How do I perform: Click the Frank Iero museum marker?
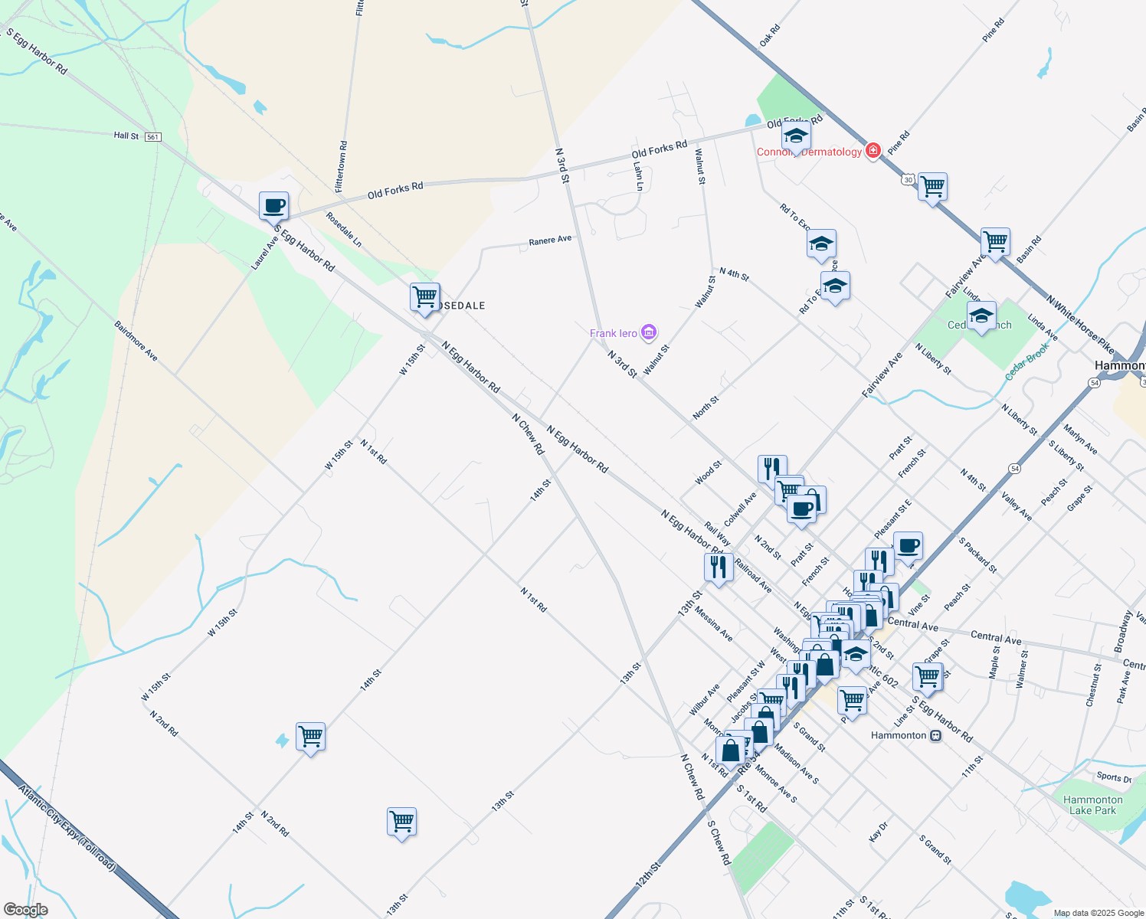(x=649, y=332)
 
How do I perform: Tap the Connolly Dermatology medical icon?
(x=873, y=151)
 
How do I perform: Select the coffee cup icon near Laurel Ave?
(x=273, y=206)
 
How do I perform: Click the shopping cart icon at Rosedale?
(x=424, y=296)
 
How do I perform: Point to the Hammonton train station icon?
(x=935, y=735)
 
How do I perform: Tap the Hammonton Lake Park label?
(x=1092, y=805)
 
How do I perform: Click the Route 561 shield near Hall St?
(x=153, y=136)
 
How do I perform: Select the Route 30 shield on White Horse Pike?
(x=909, y=179)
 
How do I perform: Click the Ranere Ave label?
(x=550, y=240)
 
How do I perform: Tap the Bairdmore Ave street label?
(x=136, y=341)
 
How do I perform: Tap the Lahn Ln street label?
(x=638, y=175)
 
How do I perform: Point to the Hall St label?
(x=126, y=136)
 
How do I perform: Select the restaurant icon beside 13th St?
(x=718, y=567)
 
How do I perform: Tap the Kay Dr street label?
(x=879, y=832)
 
